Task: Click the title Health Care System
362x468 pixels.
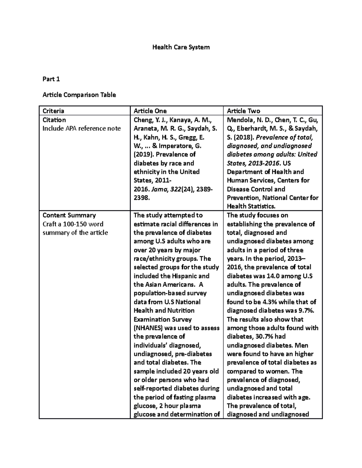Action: (181, 47)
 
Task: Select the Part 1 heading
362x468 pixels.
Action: (51, 79)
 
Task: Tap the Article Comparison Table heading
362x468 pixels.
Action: (79, 95)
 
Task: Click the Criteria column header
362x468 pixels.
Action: (53, 111)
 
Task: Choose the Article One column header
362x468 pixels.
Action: (150, 111)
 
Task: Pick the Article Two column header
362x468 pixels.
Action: (243, 111)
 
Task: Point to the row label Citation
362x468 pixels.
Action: (54, 120)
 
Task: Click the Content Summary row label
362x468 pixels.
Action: (69, 215)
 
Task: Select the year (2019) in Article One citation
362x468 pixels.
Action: (143, 154)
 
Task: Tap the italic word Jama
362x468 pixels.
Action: (157, 189)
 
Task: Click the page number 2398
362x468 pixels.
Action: (141, 198)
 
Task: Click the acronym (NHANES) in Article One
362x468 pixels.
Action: (148, 328)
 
